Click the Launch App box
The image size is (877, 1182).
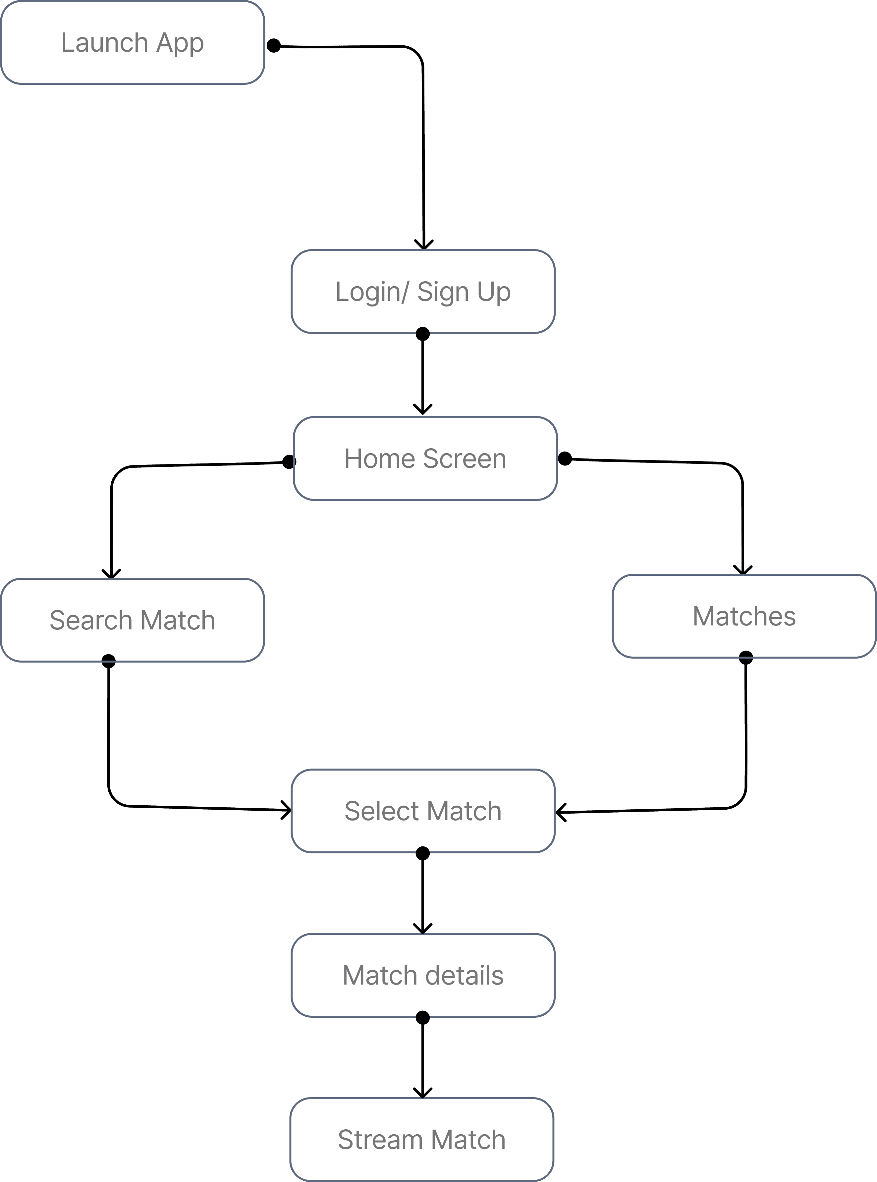(x=133, y=42)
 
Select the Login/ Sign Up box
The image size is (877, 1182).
(x=423, y=292)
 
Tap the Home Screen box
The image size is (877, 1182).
(x=425, y=458)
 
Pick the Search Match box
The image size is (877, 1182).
(x=133, y=620)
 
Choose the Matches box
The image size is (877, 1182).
(x=744, y=616)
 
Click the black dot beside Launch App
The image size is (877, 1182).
(x=273, y=46)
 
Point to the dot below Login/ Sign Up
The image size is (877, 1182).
(x=422, y=334)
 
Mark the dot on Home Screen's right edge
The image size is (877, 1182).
(x=565, y=458)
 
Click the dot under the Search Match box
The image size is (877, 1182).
(x=108, y=661)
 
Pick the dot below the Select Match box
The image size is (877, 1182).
(x=422, y=853)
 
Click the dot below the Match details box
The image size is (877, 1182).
(x=422, y=1017)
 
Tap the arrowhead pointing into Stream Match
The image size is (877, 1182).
(x=422, y=1093)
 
